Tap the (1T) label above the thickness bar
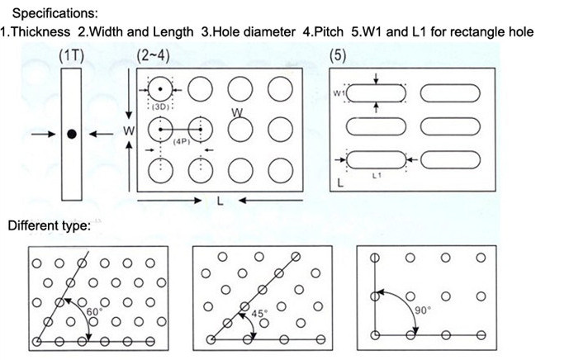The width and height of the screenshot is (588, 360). coord(71,56)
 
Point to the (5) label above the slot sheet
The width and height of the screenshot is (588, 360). coord(337,56)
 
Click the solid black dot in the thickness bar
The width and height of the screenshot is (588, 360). coord(72,134)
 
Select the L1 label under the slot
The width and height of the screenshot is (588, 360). coord(377,176)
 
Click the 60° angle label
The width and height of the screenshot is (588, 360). coord(93,311)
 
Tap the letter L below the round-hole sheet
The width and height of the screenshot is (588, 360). coord(220,201)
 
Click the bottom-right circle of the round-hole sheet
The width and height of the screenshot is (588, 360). coord(281,169)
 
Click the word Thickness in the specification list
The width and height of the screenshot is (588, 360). coord(40,31)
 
